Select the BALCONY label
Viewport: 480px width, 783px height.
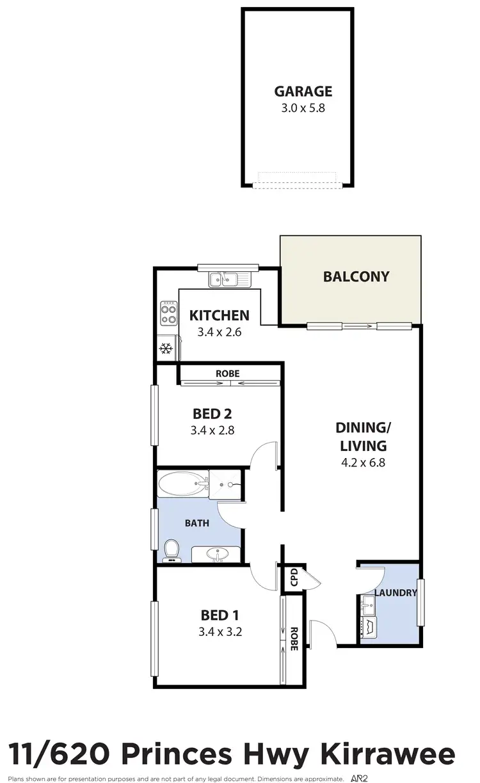point(356,277)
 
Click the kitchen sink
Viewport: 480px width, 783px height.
point(225,279)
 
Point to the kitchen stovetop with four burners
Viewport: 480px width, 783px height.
point(169,313)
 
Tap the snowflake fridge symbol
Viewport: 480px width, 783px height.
point(166,349)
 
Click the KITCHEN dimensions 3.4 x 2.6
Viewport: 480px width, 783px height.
point(219,332)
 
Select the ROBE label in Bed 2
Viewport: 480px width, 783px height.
point(228,373)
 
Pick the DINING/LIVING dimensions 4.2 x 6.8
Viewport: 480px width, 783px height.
point(363,463)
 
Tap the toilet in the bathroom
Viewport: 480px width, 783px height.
point(172,550)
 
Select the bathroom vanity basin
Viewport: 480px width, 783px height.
point(216,553)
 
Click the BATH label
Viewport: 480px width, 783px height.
point(197,523)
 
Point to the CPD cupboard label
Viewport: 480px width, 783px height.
point(294,577)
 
